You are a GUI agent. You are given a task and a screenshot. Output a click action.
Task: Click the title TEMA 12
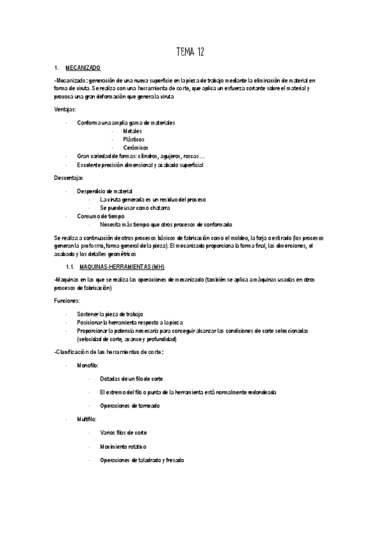point(189,51)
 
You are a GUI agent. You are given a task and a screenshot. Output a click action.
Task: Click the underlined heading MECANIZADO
point(83,67)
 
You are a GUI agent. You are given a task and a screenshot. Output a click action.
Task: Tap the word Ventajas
point(66,109)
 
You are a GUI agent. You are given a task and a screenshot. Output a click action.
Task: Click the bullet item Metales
point(133,130)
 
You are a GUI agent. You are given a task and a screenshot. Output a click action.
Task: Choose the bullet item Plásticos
point(134,139)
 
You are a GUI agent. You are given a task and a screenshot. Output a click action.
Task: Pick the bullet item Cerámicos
point(135,147)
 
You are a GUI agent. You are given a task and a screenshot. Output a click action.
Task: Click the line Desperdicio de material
point(104,191)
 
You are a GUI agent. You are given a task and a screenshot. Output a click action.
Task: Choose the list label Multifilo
point(87,421)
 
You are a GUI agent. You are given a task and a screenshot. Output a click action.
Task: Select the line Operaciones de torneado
point(130,406)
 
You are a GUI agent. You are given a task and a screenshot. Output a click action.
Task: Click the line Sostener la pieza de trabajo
point(109,314)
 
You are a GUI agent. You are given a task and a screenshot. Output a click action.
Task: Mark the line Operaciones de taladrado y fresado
point(142,460)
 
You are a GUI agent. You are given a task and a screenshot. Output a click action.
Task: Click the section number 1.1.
point(71,266)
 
